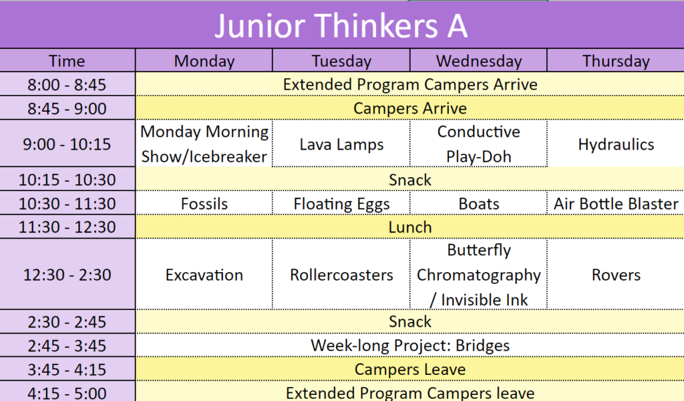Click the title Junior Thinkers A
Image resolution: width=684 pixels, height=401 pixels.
(x=341, y=26)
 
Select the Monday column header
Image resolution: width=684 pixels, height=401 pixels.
(x=204, y=61)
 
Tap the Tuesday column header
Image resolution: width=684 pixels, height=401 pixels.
(x=341, y=61)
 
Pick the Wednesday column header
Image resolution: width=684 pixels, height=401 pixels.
(x=478, y=61)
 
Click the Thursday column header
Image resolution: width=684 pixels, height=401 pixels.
(x=616, y=61)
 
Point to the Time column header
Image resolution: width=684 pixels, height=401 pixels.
(x=67, y=61)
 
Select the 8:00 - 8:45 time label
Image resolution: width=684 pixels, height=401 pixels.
(x=67, y=84)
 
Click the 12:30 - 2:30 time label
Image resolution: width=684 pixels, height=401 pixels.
(x=67, y=275)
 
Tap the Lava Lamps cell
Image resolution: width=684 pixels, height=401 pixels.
(x=341, y=144)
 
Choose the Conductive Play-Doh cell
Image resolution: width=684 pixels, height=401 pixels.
(x=478, y=144)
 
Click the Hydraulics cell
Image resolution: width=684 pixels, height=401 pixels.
(x=616, y=144)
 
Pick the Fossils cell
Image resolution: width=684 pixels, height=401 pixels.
(x=204, y=203)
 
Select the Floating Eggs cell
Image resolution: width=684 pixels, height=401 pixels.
(x=341, y=204)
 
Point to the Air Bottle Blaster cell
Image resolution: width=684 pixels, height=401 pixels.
(x=616, y=203)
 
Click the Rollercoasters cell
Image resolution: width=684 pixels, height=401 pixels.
(x=341, y=275)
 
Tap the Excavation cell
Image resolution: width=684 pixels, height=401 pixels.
(x=204, y=275)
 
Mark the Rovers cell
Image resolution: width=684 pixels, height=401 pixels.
(x=616, y=275)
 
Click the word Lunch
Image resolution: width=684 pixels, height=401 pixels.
(x=410, y=227)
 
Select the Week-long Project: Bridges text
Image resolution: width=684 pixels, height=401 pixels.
(x=410, y=345)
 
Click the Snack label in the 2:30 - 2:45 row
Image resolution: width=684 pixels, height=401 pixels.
(x=410, y=321)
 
